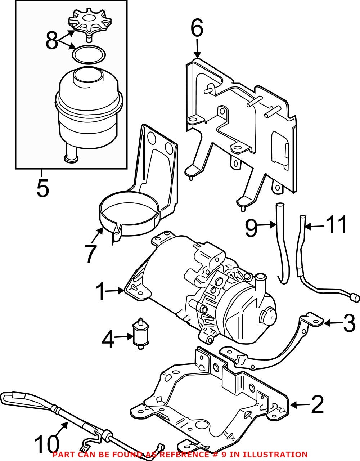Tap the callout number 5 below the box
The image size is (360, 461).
tap(42, 188)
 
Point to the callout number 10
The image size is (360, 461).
tap(47, 445)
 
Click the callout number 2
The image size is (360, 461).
tap(317, 405)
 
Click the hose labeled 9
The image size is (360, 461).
tap(280, 245)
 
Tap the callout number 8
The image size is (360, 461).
tap(51, 41)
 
